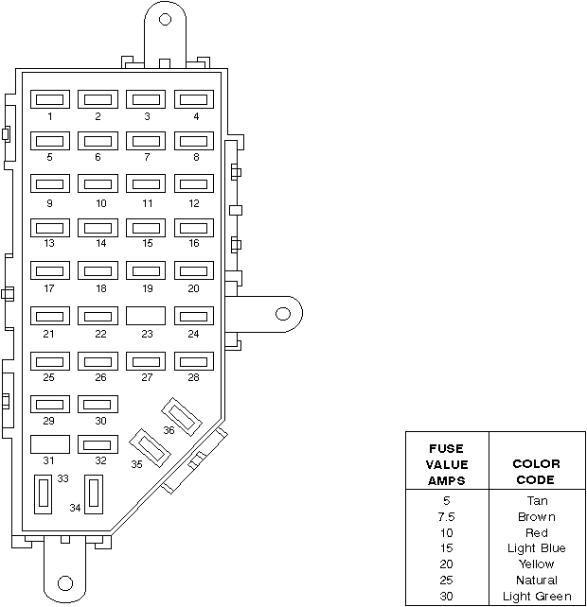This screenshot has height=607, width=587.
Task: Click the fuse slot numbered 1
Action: pos(50,99)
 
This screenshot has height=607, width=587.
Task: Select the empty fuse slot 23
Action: pos(146,316)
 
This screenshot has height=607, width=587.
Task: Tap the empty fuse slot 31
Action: pos(50,444)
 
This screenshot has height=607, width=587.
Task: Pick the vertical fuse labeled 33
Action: pos(43,494)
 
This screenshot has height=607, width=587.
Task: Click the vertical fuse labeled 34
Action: pos(94,494)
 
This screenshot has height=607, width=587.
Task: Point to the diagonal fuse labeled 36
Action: pos(182,417)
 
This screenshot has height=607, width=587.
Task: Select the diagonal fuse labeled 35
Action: pos(150,447)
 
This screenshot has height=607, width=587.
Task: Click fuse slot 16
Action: pos(194,228)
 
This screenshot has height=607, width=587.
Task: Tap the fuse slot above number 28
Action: pos(194,361)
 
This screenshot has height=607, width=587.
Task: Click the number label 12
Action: pos(194,203)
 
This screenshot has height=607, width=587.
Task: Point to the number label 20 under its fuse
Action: pos(193,288)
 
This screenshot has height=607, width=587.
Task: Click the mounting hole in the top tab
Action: pos(165,19)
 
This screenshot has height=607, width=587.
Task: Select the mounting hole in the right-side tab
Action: pos(283,314)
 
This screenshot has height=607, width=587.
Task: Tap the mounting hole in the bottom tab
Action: pos(65,583)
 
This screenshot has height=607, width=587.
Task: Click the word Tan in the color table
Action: pos(537,500)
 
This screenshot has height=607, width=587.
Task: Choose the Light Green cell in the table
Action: pos(537,597)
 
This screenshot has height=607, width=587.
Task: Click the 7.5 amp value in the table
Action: pos(446,517)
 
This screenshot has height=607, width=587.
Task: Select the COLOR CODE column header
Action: pos(537,472)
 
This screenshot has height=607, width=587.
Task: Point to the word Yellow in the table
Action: pos(537,564)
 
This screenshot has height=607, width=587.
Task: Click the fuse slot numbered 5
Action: pos(50,141)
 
